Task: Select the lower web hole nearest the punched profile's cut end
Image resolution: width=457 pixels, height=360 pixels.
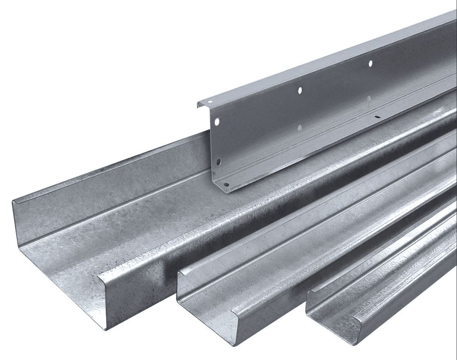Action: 218,162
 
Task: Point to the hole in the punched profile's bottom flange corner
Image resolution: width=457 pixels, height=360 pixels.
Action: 225,185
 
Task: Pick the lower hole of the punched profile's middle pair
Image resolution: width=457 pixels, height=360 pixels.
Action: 299,128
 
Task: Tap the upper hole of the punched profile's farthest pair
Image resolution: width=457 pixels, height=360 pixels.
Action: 370,63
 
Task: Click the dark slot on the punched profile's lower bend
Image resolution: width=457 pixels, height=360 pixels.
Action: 377,117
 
